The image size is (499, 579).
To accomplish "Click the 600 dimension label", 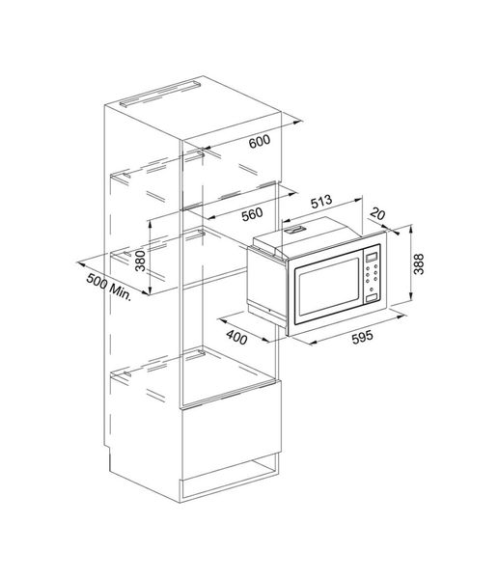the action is pos(260,141).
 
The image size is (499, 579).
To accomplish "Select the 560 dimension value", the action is pos(252,214).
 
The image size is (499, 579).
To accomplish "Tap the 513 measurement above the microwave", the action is pos(321,202).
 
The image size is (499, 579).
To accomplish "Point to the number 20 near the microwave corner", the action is pos(377,214).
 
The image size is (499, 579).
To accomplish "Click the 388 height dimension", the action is pos(419,264).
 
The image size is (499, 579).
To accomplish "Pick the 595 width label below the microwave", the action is pos(362,337).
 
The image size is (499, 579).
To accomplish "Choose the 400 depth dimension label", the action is pos(236,337).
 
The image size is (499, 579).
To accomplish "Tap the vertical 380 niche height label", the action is pos(140,261).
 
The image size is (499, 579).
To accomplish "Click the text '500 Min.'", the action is pos(109,287).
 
